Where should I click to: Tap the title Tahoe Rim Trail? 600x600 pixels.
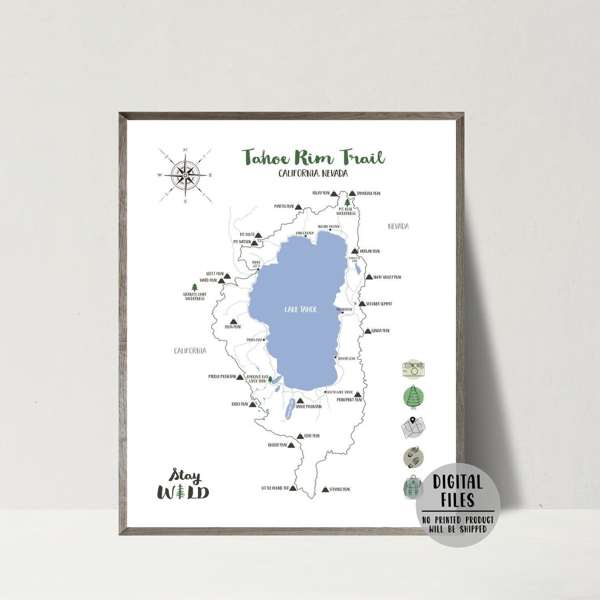[x=313, y=157]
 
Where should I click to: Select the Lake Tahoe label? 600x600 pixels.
[x=301, y=309]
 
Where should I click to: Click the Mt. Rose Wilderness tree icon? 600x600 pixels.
[x=348, y=203]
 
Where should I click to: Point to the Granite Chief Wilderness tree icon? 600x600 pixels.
[x=194, y=287]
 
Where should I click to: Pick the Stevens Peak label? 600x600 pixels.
[x=339, y=489]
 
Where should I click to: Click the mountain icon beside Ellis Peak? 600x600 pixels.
[x=233, y=322]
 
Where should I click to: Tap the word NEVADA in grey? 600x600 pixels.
[x=398, y=226]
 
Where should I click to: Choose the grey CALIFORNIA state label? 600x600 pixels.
[x=190, y=351]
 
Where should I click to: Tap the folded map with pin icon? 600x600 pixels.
[x=413, y=427]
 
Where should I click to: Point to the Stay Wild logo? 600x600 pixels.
[x=183, y=484]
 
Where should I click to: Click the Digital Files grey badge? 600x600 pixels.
[x=458, y=505]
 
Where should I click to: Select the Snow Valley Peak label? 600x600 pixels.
[x=387, y=277]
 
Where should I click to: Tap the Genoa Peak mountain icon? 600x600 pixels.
[x=367, y=331]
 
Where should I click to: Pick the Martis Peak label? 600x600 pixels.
[x=283, y=206]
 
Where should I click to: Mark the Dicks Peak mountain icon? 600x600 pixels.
[x=253, y=404]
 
